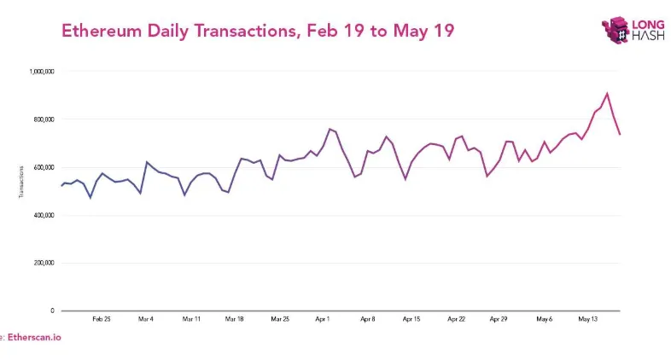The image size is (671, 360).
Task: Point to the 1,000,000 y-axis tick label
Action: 41,72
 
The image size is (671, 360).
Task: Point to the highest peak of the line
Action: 607,94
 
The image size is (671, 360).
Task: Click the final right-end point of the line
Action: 620,134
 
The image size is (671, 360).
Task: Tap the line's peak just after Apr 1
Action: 330,129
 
